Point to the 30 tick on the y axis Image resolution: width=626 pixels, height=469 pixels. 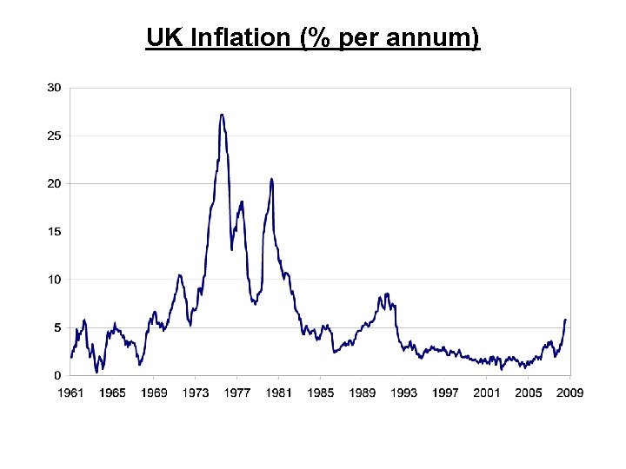(54, 88)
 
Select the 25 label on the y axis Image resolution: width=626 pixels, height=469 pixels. (54, 135)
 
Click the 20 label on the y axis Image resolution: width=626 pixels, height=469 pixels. (54, 183)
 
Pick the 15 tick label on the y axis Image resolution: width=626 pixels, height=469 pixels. (54, 232)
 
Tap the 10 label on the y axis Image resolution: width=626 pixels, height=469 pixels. (54, 280)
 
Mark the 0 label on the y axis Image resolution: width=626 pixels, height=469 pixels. (57, 375)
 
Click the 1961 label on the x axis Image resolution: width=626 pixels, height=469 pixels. (70, 393)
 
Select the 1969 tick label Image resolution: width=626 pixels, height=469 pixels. (154, 393)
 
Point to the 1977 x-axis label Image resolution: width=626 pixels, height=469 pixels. (237, 393)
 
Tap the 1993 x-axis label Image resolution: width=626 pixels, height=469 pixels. (403, 393)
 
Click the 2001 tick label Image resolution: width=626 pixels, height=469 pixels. (487, 393)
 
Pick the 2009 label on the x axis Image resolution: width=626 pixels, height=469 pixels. (569, 393)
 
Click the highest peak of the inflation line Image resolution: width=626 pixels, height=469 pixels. (222, 115)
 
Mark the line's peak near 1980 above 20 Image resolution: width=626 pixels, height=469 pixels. (271, 179)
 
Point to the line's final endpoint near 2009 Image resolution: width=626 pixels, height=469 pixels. (565, 320)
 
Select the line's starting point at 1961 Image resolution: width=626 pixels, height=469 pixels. (71, 357)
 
